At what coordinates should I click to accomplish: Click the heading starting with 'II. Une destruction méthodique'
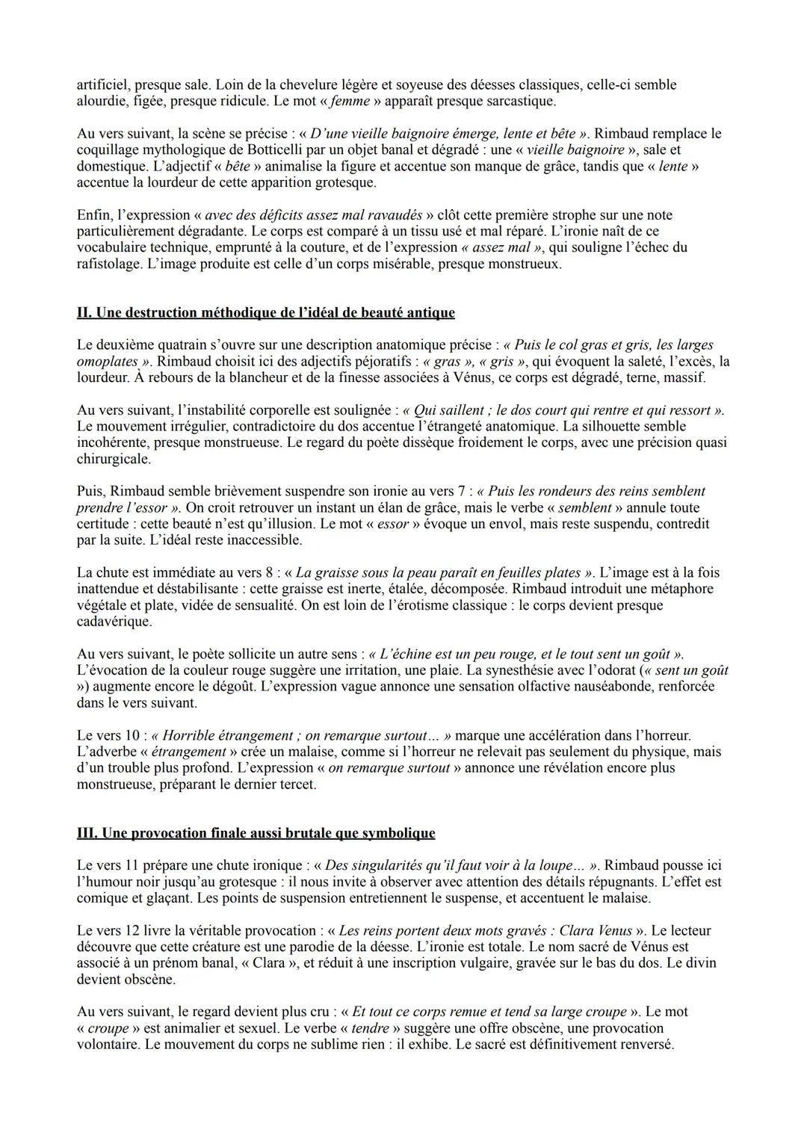coord(265,312)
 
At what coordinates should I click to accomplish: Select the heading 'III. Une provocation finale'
coord(256,832)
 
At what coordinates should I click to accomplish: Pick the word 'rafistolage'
coord(111,264)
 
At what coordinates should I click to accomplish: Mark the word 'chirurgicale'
coord(114,459)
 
